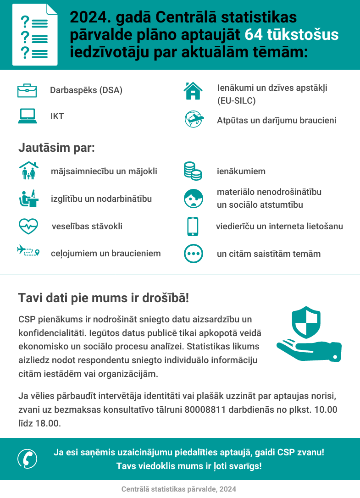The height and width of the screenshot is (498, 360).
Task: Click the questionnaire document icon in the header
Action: [35, 35]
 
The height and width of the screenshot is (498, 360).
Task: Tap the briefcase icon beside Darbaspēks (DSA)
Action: [27, 90]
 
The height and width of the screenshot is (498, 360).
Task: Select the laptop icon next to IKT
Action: [28, 116]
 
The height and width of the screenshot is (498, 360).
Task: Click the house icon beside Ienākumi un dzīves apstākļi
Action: [193, 90]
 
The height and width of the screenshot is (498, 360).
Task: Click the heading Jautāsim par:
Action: [56, 149]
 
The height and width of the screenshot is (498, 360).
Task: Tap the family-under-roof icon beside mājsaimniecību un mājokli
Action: [28, 171]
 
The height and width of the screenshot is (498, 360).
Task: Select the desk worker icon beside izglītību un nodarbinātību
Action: [28, 199]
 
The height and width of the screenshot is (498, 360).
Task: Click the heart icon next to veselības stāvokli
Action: [28, 226]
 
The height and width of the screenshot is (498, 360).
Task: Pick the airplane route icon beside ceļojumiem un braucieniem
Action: [28, 251]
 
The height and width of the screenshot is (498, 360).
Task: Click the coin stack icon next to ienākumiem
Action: [193, 171]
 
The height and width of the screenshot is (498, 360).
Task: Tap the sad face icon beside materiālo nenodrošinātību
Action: [193, 198]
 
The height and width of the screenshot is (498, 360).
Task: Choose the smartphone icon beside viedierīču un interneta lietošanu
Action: [193, 226]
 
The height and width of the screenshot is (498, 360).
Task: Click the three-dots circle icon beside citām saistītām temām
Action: [193, 254]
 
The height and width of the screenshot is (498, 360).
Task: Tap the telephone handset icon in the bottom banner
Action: [28, 459]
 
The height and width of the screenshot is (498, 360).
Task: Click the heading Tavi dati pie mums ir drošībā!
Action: [103, 298]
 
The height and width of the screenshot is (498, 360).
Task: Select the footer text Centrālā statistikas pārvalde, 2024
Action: [179, 489]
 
